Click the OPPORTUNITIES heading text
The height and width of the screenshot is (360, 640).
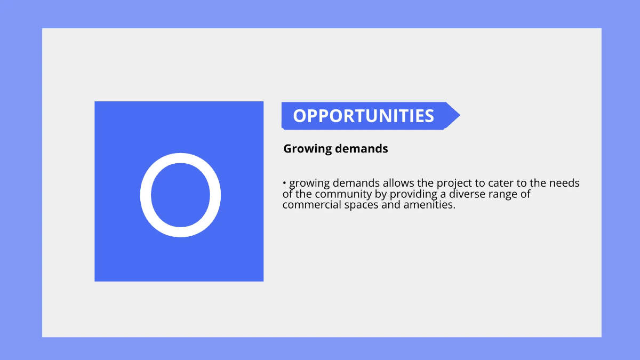(363, 116)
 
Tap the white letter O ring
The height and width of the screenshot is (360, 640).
(146, 195)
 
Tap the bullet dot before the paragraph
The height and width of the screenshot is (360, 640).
(285, 183)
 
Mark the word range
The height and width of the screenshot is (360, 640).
(515, 195)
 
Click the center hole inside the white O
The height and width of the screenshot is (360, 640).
(180, 195)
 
